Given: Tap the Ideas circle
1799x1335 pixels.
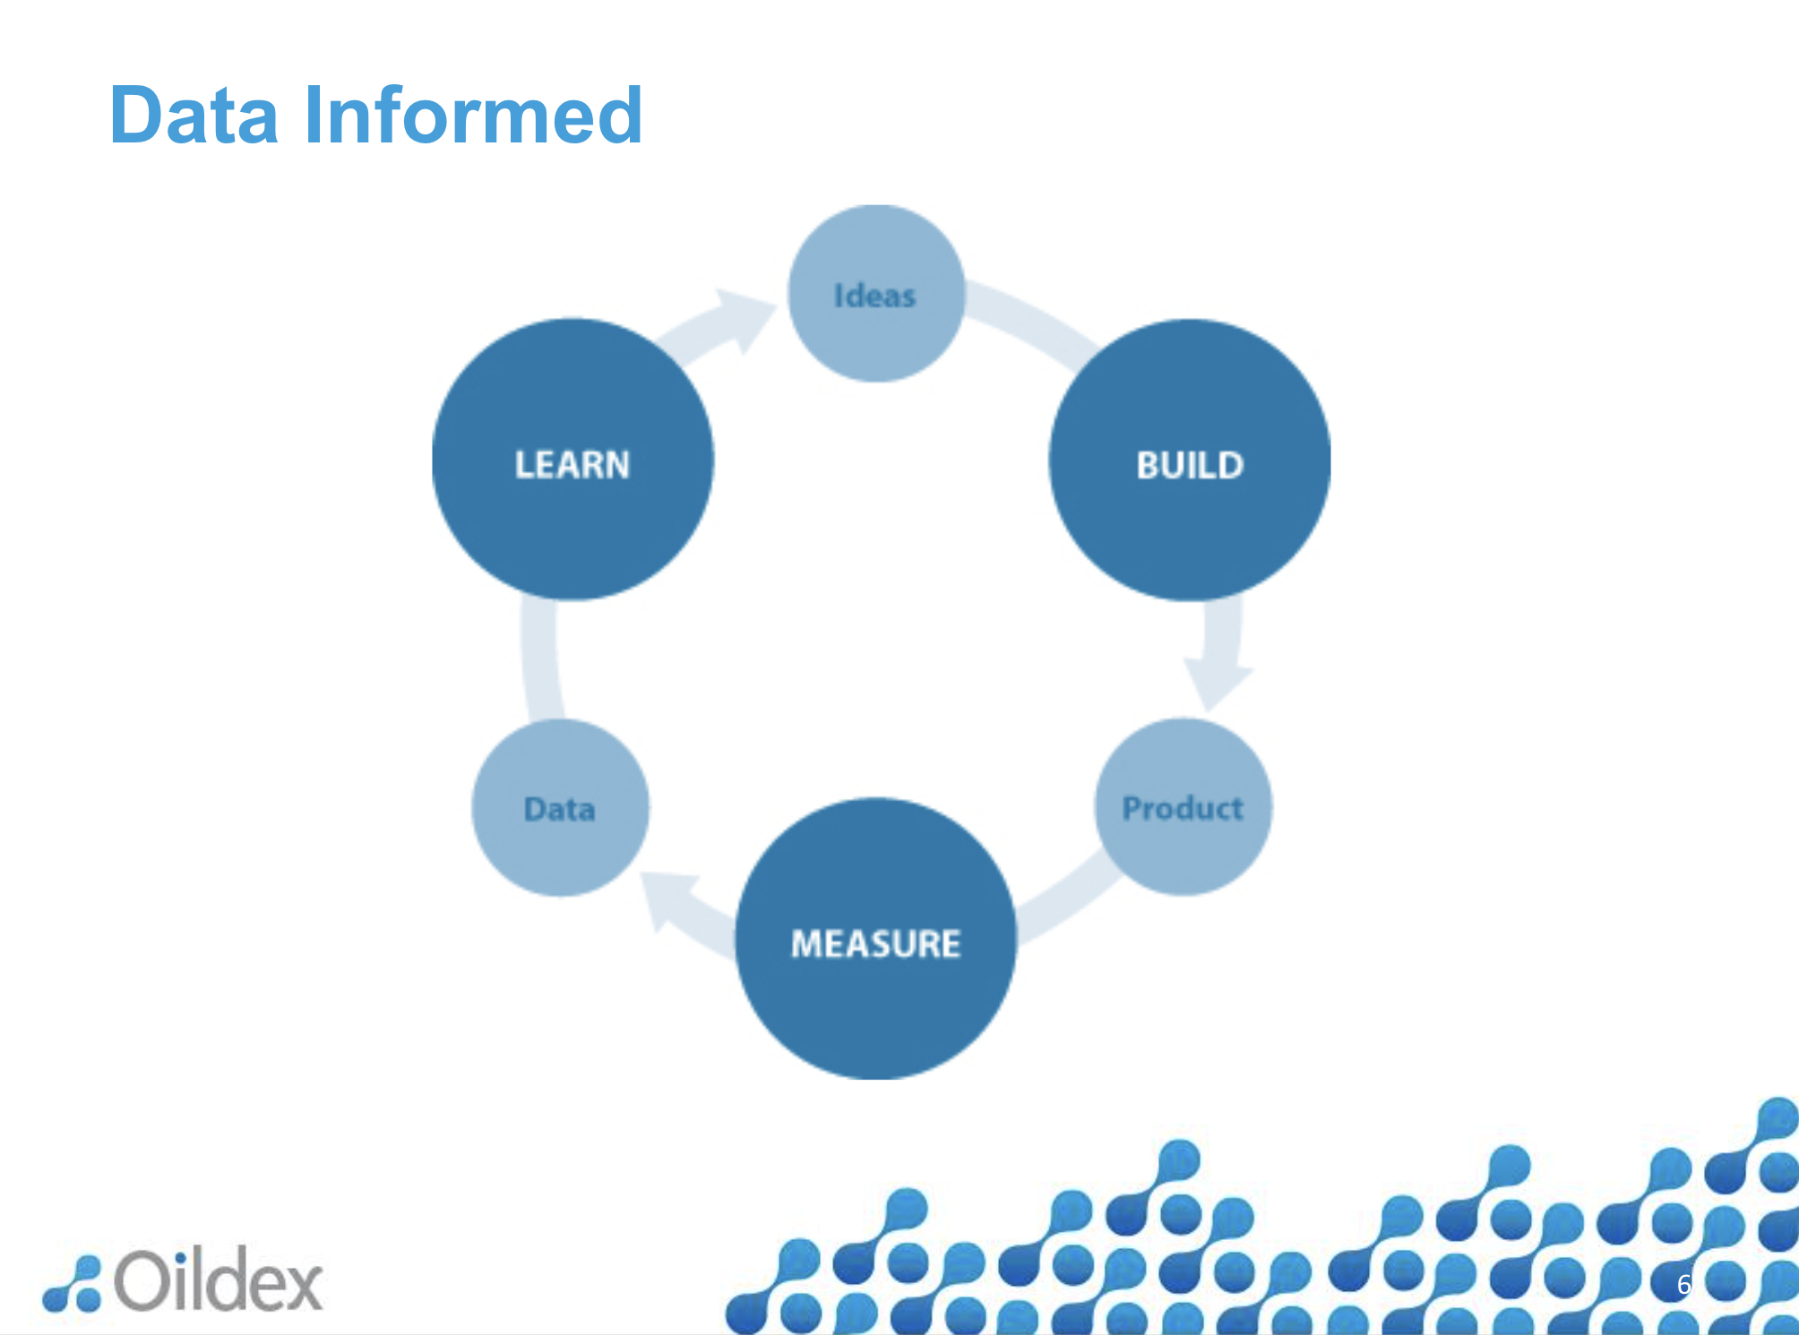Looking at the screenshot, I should pos(875,294).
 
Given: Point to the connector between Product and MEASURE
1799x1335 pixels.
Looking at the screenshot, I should pos(1066,900).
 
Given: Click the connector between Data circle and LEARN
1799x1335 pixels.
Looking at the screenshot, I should pos(539,659).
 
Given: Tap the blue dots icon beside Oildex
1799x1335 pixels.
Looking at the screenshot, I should pos(73,1285).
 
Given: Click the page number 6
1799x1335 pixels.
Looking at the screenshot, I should pos(1683,1284).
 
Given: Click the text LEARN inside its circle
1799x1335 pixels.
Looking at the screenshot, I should pos(572,464).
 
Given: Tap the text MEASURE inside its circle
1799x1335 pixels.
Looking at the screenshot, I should pos(875,943).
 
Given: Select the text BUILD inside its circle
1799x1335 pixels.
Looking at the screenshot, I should pos(1189,465).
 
